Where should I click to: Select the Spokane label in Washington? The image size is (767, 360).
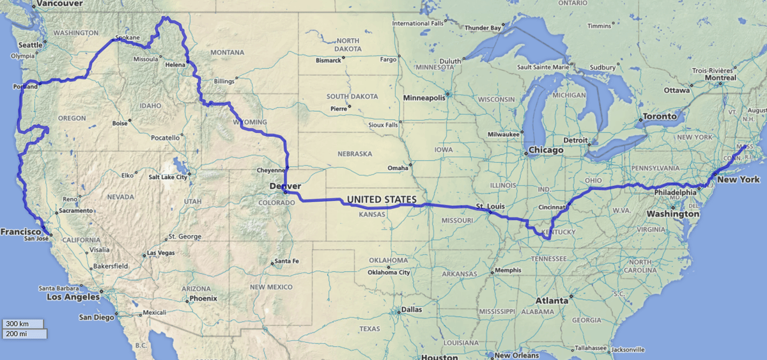tap(127, 38)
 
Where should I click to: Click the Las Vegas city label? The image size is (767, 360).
tap(161, 253)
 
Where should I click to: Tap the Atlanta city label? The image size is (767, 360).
tap(551, 300)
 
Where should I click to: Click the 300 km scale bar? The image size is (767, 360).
tap(22, 324)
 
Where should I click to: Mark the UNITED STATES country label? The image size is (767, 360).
tap(381, 200)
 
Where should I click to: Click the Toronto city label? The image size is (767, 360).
tap(659, 116)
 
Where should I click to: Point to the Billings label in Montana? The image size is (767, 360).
tap(224, 81)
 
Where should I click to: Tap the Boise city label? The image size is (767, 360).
tap(120, 123)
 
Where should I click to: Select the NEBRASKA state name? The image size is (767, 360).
tap(354, 154)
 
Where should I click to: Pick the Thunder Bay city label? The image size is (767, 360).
tap(483, 27)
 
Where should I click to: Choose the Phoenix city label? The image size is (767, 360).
tap(203, 298)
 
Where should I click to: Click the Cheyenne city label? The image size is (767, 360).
tap(269, 171)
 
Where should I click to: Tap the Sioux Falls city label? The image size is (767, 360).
tap(382, 125)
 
